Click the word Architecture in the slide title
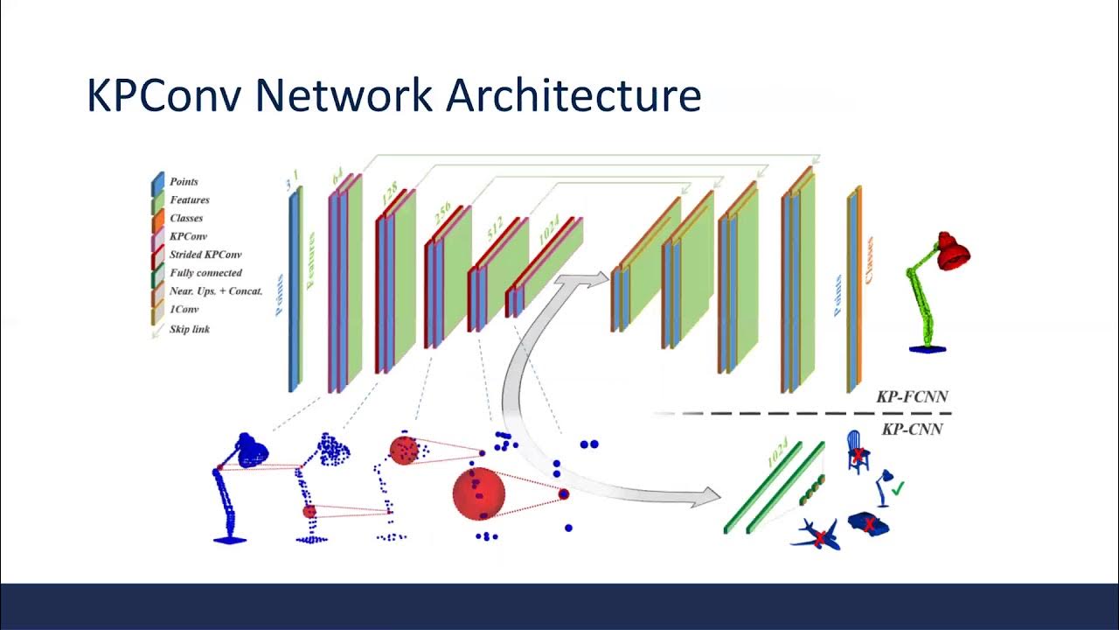pyautogui.click(x=573, y=95)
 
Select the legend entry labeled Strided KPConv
pyautogui.click(x=205, y=255)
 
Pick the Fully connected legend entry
pyautogui.click(x=205, y=273)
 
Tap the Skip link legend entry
pyautogui.click(x=190, y=329)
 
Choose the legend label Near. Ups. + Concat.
pyautogui.click(x=216, y=290)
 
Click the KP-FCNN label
pyautogui.click(x=912, y=397)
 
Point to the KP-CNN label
pyautogui.click(x=912, y=429)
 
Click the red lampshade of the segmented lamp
pyautogui.click(x=952, y=251)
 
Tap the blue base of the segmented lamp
pyautogui.click(x=927, y=348)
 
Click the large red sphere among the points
pyautogui.click(x=478, y=493)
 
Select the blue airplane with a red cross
pyautogui.click(x=817, y=535)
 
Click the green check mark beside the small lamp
pyautogui.click(x=897, y=486)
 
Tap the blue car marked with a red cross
pyautogui.click(x=870, y=523)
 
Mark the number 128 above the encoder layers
pyautogui.click(x=390, y=194)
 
